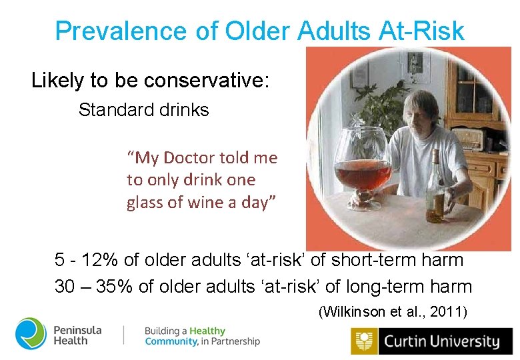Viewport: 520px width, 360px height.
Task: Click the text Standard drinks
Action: [x=143, y=109]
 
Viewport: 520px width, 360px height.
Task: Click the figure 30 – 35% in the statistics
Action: [x=94, y=287]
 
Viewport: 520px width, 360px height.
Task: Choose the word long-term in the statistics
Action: [x=383, y=287]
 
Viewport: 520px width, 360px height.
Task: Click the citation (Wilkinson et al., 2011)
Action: [x=393, y=311]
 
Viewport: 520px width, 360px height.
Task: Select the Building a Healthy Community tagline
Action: [x=202, y=336]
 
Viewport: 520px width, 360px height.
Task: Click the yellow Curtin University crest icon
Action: [x=363, y=342]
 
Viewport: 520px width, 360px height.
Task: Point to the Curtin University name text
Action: [x=440, y=342]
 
